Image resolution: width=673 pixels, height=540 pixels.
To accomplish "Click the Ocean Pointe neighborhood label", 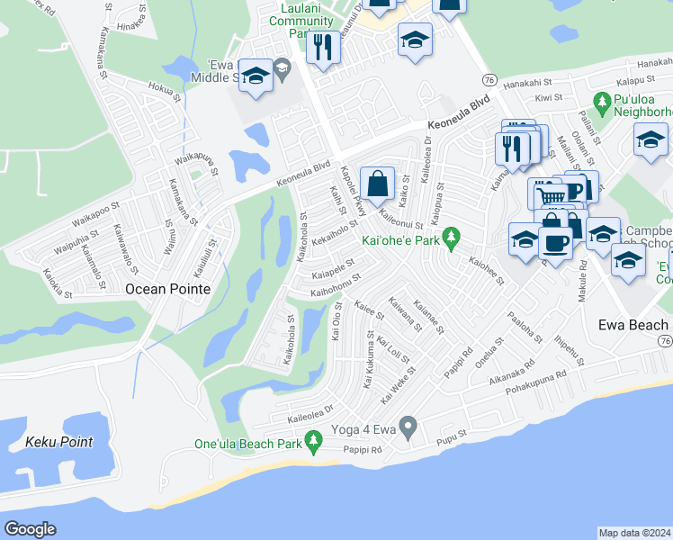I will pyautogui.click(x=167, y=289).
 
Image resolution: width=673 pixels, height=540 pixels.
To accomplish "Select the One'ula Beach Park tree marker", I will pyautogui.click(x=313, y=441).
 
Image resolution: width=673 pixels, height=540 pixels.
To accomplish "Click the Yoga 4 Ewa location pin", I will pyautogui.click(x=408, y=426).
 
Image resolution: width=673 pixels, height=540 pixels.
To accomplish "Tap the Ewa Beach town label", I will pyautogui.click(x=633, y=324).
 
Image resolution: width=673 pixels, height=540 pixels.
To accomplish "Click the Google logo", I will pyautogui.click(x=30, y=529).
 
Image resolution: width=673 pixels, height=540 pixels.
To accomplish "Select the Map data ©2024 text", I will pyautogui.click(x=634, y=533).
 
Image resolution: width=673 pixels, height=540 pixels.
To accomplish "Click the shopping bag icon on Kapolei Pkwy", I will pyautogui.click(x=378, y=184).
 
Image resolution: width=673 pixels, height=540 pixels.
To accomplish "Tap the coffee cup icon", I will pyautogui.click(x=555, y=242).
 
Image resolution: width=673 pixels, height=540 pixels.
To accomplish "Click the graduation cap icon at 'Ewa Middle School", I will pyautogui.click(x=256, y=78).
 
